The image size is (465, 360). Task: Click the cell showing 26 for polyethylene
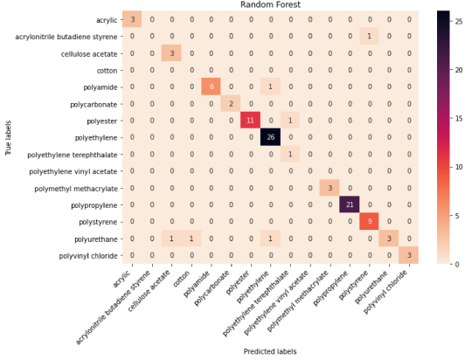click(x=270, y=137)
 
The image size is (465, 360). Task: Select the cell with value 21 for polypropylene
click(x=350, y=204)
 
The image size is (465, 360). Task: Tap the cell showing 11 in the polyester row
click(x=251, y=121)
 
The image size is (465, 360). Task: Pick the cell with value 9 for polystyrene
click(x=369, y=222)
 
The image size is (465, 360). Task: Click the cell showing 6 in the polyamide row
click(x=212, y=87)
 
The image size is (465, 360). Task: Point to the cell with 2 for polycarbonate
click(x=231, y=103)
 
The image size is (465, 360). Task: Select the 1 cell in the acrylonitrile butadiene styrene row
click(x=369, y=36)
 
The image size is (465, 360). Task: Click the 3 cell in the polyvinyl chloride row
click(x=409, y=255)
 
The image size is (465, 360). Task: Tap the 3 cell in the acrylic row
click(x=132, y=19)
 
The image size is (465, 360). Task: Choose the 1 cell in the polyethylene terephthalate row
click(x=290, y=154)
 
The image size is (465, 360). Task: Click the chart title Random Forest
click(x=270, y=4)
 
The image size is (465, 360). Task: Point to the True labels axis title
click(x=8, y=137)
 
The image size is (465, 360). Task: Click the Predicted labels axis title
click(x=270, y=351)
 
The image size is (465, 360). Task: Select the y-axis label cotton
click(x=107, y=71)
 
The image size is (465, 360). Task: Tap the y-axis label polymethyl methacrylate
click(x=76, y=189)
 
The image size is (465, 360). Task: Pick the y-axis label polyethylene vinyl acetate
click(x=73, y=172)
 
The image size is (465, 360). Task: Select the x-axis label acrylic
click(x=121, y=279)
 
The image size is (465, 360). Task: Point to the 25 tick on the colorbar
click(x=459, y=21)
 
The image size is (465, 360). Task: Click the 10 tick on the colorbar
click(x=459, y=167)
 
